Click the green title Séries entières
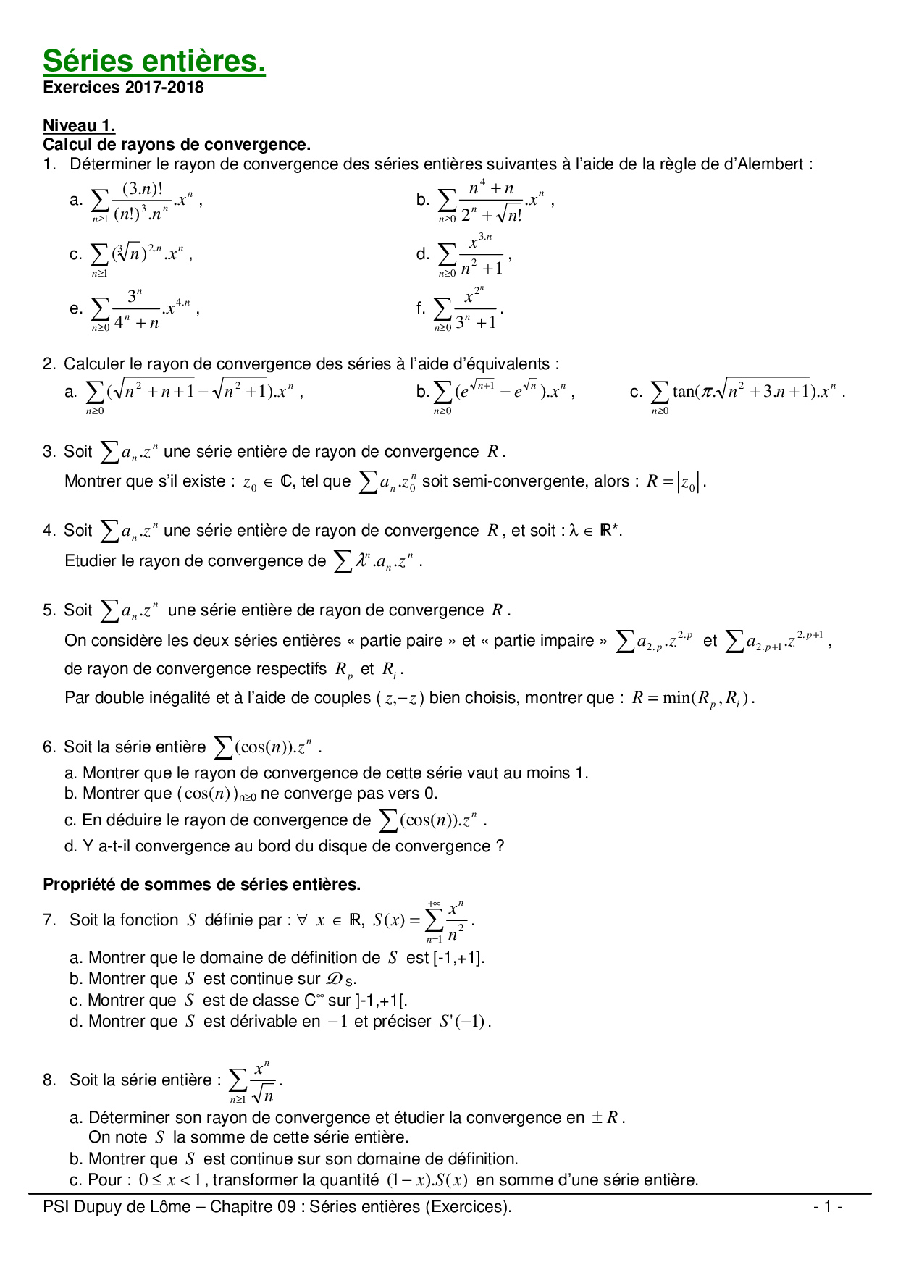point(154,62)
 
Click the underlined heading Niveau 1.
point(79,125)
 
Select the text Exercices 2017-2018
point(123,88)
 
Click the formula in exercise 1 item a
point(145,201)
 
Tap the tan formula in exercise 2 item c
point(746,392)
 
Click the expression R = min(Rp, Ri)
point(692,699)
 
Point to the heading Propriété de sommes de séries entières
point(201,885)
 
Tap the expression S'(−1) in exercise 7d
point(464,1022)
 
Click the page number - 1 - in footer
point(827,1207)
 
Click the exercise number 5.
point(48,610)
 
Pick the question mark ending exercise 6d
point(500,846)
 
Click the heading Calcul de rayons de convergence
point(177,145)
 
